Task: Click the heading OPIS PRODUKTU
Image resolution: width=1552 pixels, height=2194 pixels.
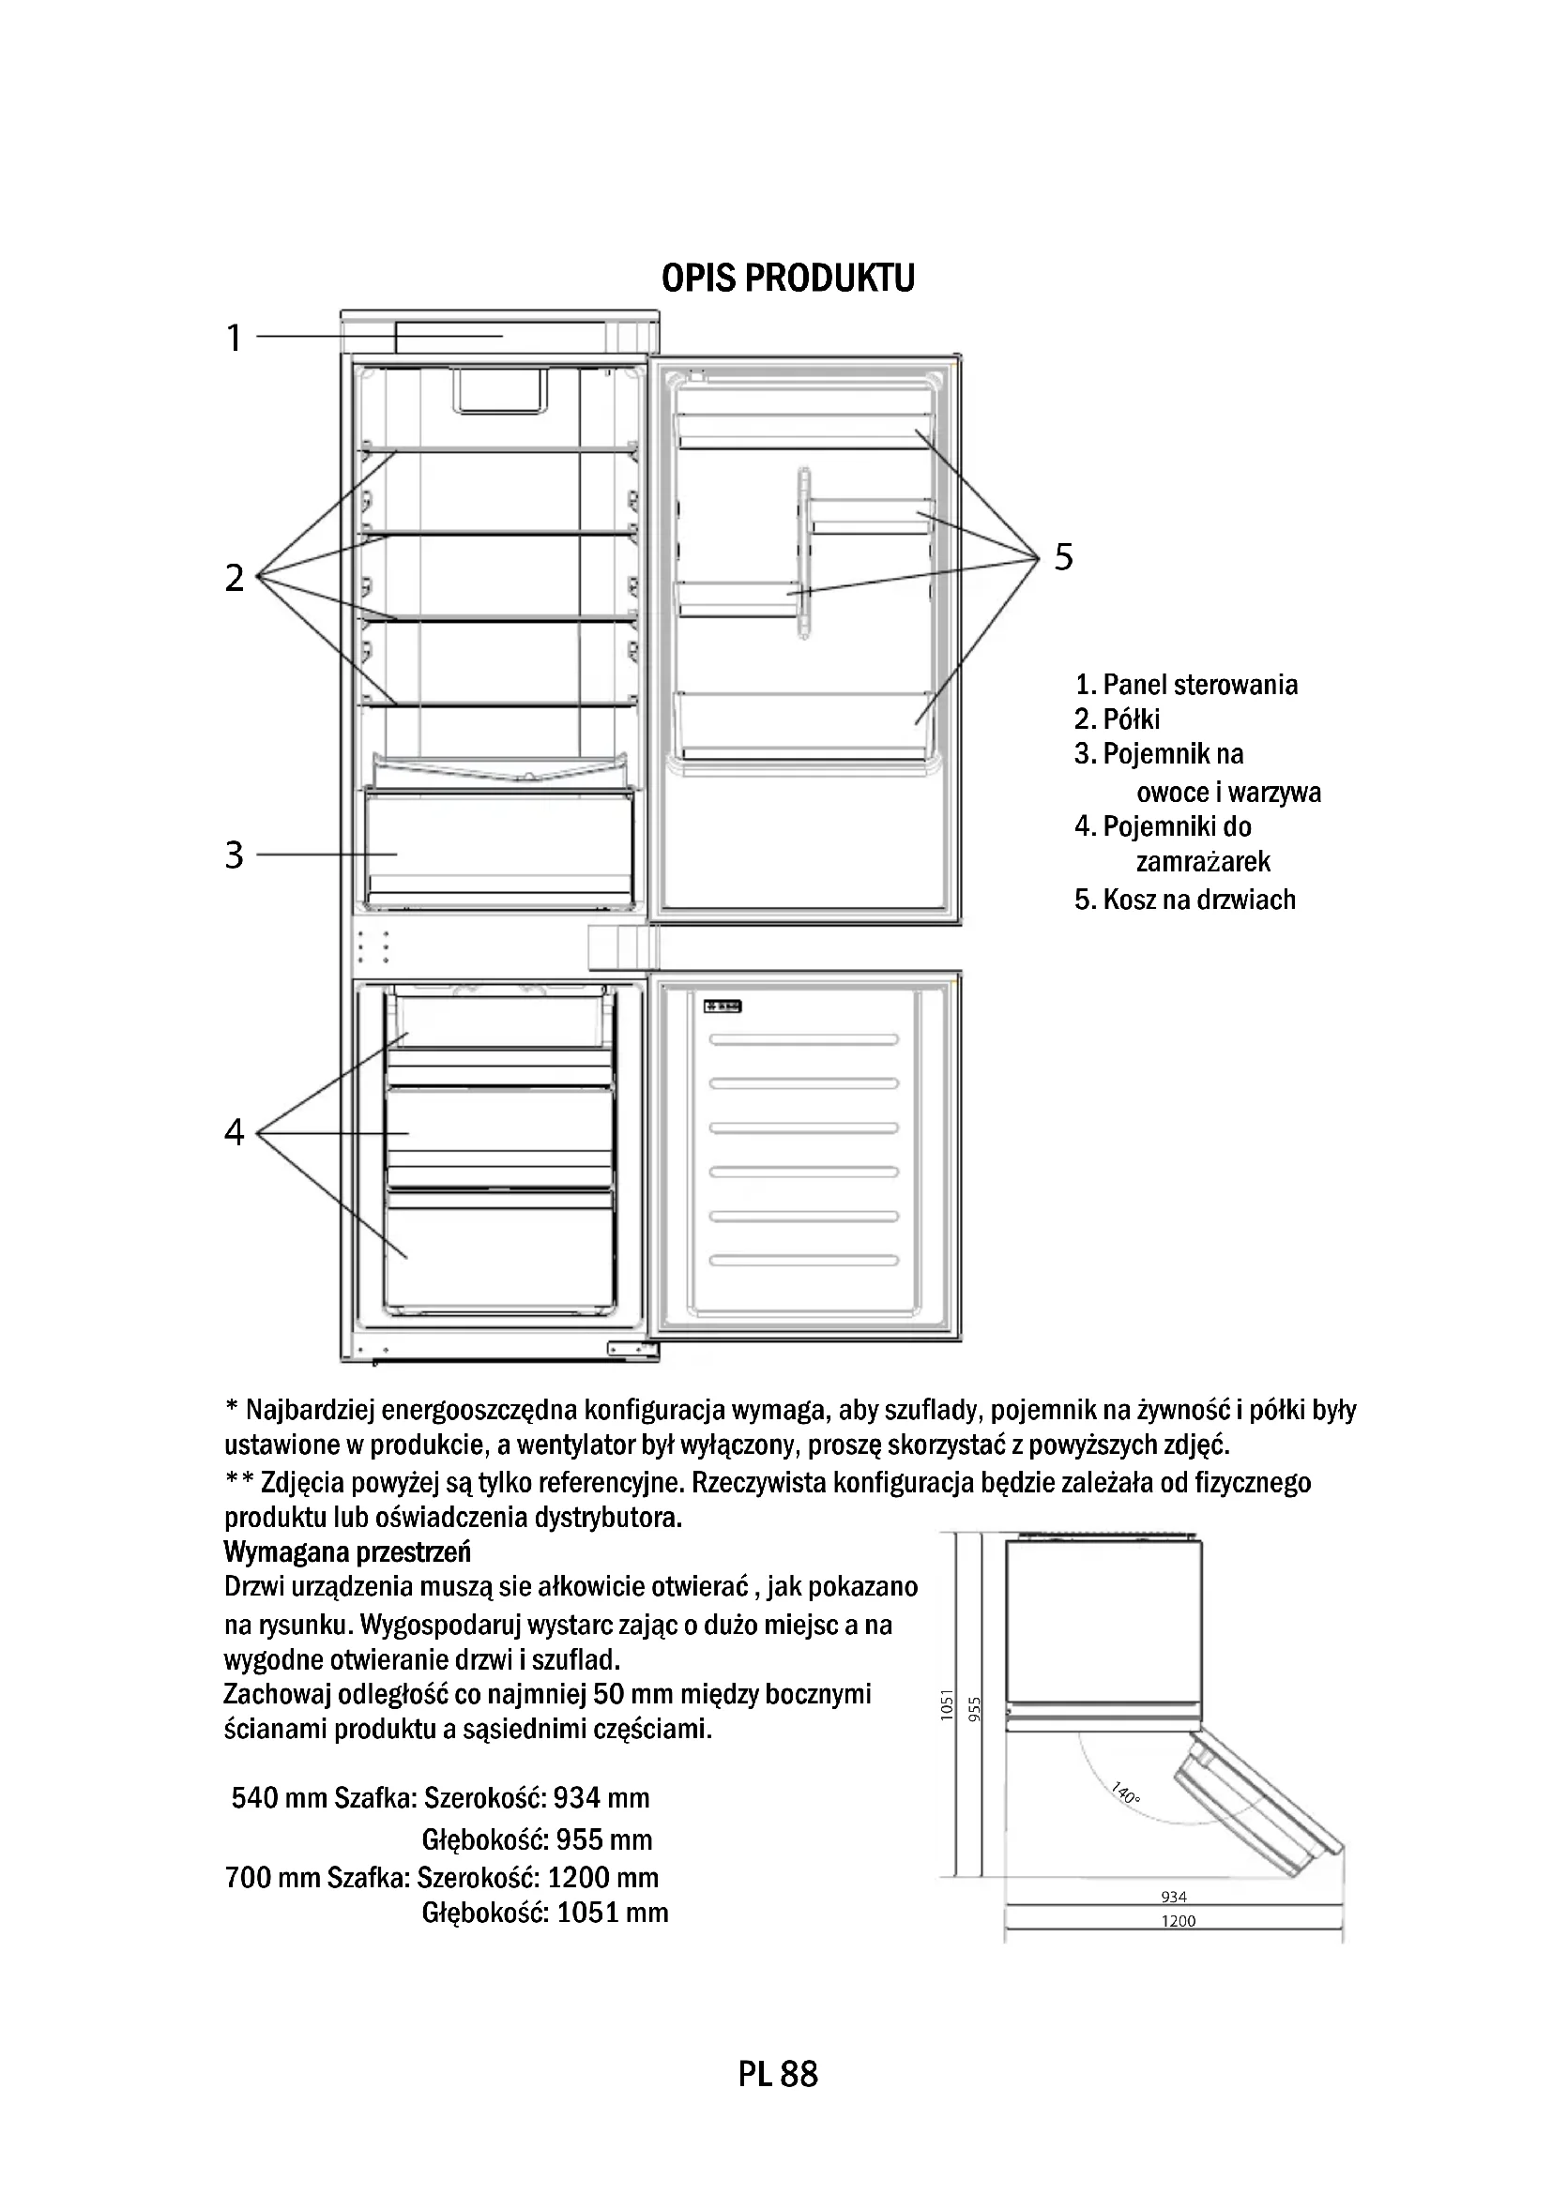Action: coord(787,278)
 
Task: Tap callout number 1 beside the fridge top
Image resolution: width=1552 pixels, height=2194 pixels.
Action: coord(235,339)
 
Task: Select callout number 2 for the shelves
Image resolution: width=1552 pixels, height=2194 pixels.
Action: coord(235,578)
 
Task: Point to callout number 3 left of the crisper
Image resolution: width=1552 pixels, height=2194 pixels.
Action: coord(235,855)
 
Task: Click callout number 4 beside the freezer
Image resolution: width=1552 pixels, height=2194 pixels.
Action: coord(235,1132)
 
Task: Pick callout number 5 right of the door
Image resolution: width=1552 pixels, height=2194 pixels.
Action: coord(1064,556)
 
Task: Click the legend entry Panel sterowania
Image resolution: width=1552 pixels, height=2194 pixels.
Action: coord(1199,684)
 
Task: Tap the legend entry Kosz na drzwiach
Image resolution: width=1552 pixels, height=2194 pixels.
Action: coord(1198,900)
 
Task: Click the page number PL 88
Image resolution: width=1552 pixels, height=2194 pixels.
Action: coord(778,2075)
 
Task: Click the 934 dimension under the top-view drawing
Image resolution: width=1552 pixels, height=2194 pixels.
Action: coord(1174,1897)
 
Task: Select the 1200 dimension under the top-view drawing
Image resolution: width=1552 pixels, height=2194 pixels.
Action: coord(1179,1921)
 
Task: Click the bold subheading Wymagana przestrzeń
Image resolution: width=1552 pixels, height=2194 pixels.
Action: coord(347,1550)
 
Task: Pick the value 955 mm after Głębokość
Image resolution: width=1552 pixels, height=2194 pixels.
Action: coord(604,1839)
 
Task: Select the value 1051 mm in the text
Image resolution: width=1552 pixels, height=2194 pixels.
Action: coord(612,1912)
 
